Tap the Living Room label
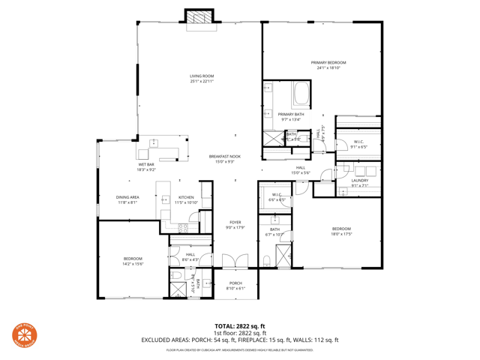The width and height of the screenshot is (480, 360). point(202,78)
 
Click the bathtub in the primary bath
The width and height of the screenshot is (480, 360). point(302,94)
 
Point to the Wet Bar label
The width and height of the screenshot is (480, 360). point(145,166)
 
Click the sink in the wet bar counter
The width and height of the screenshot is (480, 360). point(154,142)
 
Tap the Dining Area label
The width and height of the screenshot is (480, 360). point(127,199)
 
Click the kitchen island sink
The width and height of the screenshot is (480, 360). point(165,199)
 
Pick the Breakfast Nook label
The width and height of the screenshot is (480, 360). point(225,158)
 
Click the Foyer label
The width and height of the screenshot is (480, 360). point(235,224)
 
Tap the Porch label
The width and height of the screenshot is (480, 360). point(235,285)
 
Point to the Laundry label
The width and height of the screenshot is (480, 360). point(359,182)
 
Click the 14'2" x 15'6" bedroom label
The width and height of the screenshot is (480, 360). point(133,260)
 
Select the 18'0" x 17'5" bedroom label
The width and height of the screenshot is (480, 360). point(341,231)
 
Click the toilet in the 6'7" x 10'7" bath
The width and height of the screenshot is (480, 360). point(267,260)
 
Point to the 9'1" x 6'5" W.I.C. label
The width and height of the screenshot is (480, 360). point(358,144)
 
